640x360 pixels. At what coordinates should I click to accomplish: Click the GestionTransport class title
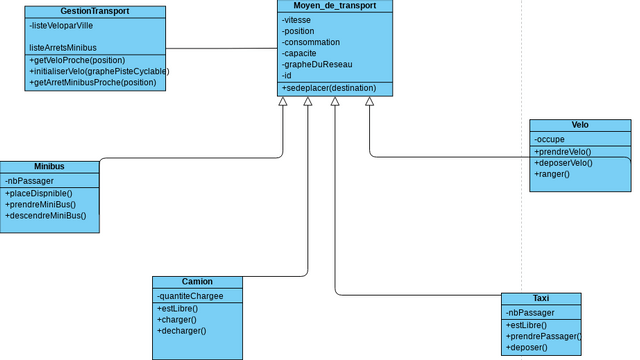tap(94, 10)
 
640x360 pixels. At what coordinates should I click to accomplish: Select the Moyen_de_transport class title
tap(335, 6)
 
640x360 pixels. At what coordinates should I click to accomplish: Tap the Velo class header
tap(580, 126)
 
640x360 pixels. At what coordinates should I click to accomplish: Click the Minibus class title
tap(49, 166)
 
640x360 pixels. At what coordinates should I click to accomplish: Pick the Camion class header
tap(197, 282)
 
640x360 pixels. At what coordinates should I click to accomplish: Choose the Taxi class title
tap(540, 299)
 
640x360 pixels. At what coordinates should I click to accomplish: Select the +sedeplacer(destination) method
tap(329, 88)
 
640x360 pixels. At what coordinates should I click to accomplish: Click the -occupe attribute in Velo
tap(550, 139)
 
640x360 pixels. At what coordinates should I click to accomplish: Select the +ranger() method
tap(552, 174)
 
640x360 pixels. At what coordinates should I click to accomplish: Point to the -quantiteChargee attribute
tap(190, 296)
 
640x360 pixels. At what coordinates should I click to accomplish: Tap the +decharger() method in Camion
tap(181, 330)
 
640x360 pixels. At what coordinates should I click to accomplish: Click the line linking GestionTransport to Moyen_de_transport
tap(221, 48)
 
